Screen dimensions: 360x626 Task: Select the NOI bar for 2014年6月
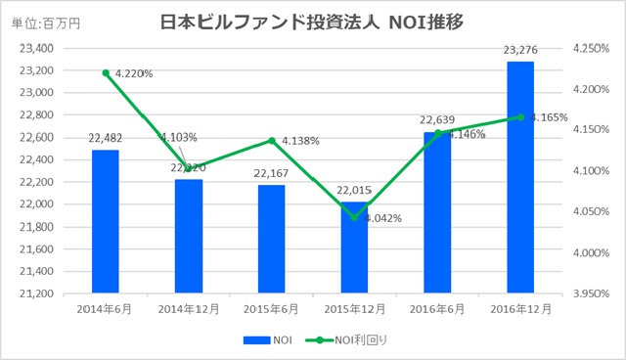(105, 220)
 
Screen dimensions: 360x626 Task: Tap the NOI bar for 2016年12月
(520, 176)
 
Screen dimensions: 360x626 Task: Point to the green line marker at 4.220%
(105, 72)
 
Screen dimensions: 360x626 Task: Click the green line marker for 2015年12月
(354, 217)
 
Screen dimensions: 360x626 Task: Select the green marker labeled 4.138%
(271, 140)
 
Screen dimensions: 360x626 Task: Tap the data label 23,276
(520, 52)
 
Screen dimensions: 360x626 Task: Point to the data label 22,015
(354, 189)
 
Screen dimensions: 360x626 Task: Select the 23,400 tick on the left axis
(35, 48)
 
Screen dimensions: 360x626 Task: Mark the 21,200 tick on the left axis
(35, 292)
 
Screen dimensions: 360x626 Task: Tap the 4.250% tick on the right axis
(593, 48)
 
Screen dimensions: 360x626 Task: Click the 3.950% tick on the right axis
(593, 292)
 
